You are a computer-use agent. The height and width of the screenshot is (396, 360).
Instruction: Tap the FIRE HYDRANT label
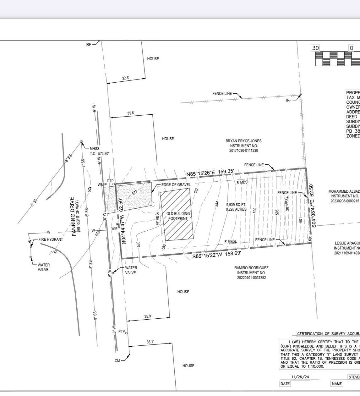(x=51, y=239)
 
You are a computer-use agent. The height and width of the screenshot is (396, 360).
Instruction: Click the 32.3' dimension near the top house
(x=126, y=78)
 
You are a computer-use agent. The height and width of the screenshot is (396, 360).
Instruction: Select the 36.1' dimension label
(x=150, y=342)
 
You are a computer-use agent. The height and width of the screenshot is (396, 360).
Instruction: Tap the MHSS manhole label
(x=95, y=149)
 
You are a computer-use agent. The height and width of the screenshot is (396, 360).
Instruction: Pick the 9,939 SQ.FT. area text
(x=236, y=205)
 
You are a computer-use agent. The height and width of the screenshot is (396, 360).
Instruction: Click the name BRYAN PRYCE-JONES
(x=243, y=141)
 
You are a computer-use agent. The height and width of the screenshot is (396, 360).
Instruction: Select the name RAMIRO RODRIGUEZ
(x=252, y=268)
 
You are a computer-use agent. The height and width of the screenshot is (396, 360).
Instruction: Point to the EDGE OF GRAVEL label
(x=176, y=185)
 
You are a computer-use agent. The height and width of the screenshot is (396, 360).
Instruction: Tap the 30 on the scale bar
(x=315, y=48)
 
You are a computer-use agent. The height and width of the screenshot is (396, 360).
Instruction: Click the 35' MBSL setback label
(x=158, y=218)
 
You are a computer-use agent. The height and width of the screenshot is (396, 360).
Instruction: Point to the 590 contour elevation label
(x=255, y=211)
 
